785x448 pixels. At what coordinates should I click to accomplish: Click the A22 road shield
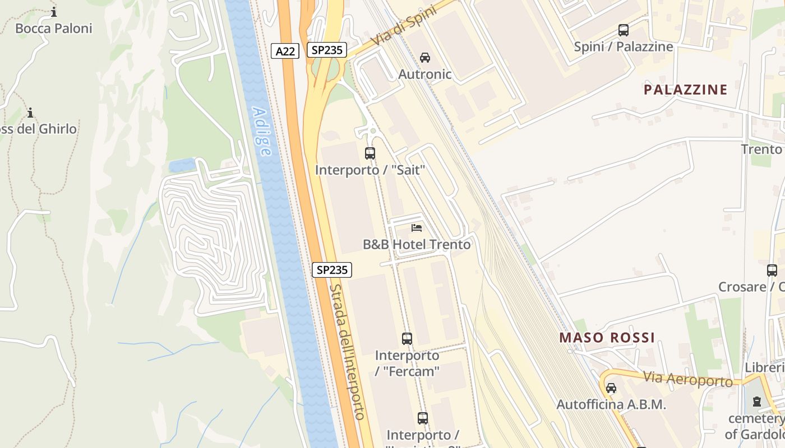point(285,51)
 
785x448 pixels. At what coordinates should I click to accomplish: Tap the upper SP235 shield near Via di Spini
point(327,50)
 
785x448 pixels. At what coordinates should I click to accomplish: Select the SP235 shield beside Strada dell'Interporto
point(331,270)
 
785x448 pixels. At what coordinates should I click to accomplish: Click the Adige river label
point(261,132)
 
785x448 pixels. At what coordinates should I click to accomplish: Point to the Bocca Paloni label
point(54,29)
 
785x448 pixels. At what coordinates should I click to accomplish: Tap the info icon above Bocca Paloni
point(54,12)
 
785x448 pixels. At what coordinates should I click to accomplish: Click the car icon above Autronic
point(425,57)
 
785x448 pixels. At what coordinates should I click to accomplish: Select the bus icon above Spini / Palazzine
point(623,30)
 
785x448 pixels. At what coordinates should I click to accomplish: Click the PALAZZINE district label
point(685,90)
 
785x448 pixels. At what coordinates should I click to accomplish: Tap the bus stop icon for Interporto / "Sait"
point(370,153)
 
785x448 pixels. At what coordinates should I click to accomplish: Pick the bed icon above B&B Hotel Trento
point(417,227)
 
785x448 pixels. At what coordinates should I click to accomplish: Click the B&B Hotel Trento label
point(417,245)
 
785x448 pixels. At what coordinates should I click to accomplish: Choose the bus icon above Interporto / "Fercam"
point(407,338)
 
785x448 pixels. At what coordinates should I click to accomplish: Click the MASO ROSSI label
point(607,338)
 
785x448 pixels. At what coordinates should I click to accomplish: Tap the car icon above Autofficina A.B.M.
point(611,388)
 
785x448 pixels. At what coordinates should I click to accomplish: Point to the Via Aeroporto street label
point(687,379)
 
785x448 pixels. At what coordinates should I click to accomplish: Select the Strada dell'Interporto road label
point(348,352)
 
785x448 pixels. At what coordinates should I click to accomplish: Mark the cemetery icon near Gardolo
point(757,401)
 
